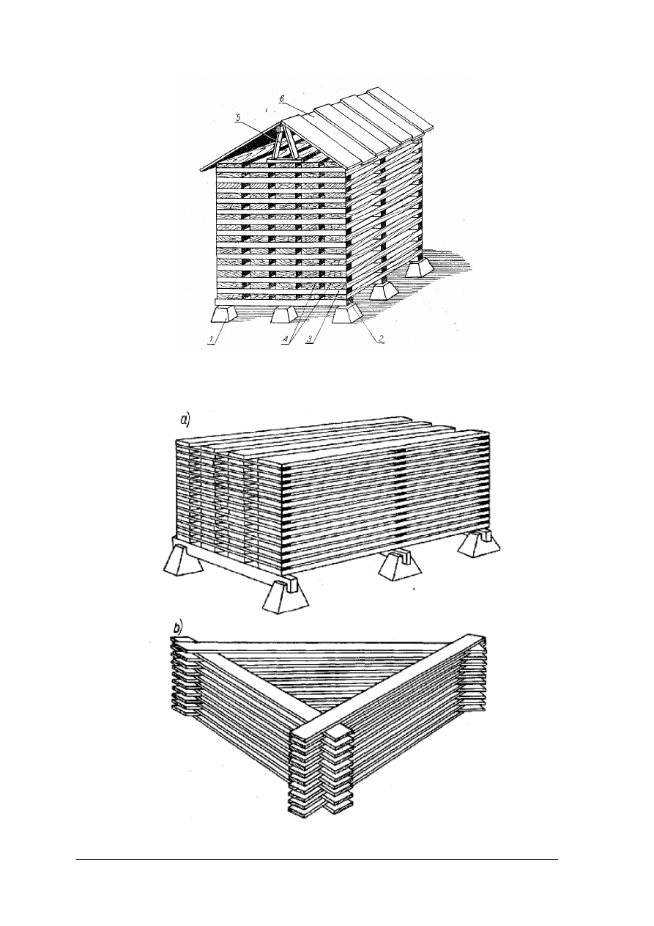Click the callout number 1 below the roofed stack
212,340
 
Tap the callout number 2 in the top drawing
382,338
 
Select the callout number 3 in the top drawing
309,339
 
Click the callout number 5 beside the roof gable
237,119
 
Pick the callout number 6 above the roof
281,100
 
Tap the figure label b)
179,640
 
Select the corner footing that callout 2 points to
347,315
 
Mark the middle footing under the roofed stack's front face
284,315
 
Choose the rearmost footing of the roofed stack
420,268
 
